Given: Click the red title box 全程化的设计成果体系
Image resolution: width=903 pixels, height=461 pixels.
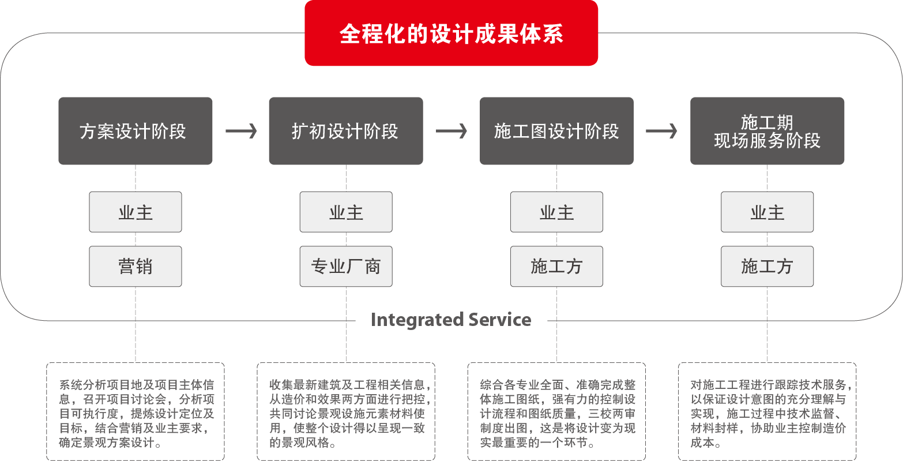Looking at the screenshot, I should (x=451, y=33).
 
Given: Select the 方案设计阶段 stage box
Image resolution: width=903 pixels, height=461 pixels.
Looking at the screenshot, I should (x=135, y=131).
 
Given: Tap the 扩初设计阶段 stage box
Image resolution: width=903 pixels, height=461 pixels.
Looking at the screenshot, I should (x=345, y=131).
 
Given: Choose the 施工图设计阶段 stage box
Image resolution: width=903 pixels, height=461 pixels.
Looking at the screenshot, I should (x=556, y=131).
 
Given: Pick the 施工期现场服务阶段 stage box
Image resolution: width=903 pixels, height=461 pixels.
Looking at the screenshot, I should (x=767, y=131).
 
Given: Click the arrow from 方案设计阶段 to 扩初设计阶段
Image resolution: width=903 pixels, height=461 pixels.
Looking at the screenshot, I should (x=241, y=132).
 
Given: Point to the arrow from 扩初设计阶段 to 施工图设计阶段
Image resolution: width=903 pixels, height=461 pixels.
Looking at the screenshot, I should (x=451, y=132).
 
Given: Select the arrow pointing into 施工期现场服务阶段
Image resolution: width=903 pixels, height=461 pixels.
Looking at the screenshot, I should (x=661, y=132).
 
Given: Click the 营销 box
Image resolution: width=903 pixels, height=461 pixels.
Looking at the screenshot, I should (x=135, y=267).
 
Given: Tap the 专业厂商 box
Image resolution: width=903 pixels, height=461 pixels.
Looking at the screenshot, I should (x=345, y=267).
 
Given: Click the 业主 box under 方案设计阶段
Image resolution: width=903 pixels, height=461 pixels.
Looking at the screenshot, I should (x=135, y=212).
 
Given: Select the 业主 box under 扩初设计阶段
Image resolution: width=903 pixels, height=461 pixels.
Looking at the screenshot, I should (x=345, y=212).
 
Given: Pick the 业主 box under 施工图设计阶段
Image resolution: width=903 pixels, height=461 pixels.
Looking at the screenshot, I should (x=556, y=212).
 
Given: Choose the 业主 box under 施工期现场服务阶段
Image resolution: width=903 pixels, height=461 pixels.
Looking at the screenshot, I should (x=767, y=212).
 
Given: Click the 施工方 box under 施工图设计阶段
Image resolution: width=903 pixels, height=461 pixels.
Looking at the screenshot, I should (x=556, y=267).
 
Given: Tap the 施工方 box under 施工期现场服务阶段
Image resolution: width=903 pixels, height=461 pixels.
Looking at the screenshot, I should (x=767, y=267).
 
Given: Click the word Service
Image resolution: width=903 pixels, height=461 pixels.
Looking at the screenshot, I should (x=500, y=320).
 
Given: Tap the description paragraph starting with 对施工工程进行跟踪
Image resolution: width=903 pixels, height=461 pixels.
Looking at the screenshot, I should (x=767, y=414).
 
